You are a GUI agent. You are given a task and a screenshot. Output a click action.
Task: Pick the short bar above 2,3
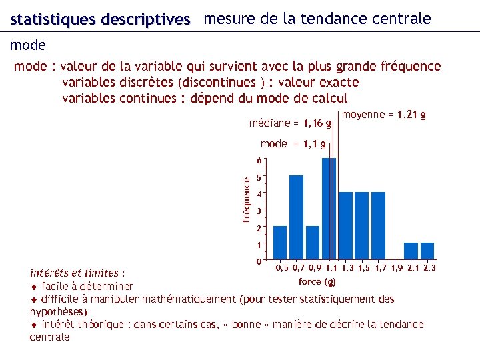(x=427, y=251)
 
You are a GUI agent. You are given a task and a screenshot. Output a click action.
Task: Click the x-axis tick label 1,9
(x=396, y=268)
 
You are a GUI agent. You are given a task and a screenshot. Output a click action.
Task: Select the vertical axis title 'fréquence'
(x=246, y=199)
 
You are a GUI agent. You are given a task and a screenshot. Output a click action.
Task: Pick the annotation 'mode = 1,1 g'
(x=293, y=143)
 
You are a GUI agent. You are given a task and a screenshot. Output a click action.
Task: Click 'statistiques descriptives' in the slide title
(x=100, y=20)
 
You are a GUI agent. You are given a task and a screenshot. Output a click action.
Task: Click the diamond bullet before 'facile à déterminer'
(x=34, y=286)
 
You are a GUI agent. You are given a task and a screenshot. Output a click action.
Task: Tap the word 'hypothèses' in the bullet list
(x=57, y=311)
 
